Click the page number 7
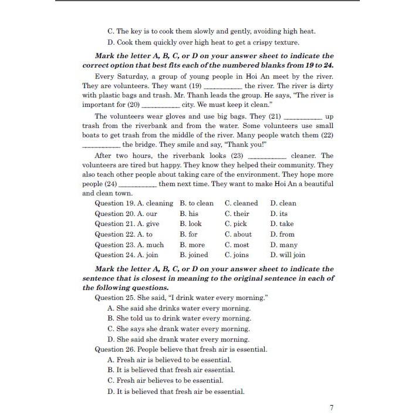[332, 408]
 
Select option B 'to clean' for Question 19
[197, 203]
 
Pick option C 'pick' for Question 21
[235, 224]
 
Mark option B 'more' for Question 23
[192, 245]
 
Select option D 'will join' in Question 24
[288, 255]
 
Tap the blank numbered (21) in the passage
[302, 117]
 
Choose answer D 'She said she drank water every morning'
[178, 339]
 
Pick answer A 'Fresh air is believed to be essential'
[169, 360]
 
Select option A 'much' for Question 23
[150, 245]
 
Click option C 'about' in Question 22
[238, 234]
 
